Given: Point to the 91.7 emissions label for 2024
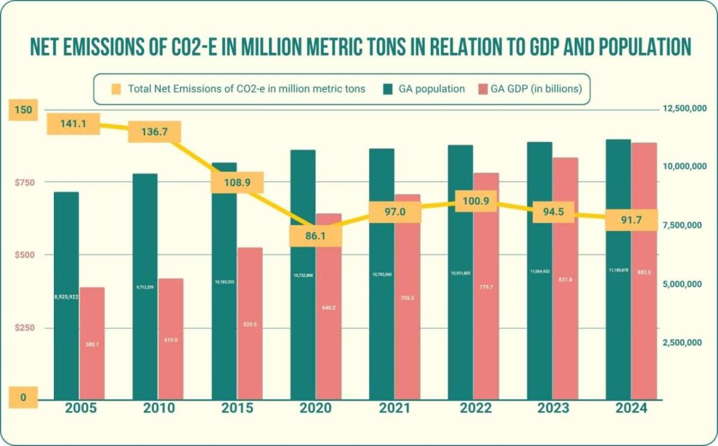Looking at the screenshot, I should point(632,220).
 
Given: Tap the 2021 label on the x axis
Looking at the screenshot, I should point(394,408).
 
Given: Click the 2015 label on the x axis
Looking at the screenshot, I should point(236,408).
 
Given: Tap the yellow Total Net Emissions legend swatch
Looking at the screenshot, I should point(116,89).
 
